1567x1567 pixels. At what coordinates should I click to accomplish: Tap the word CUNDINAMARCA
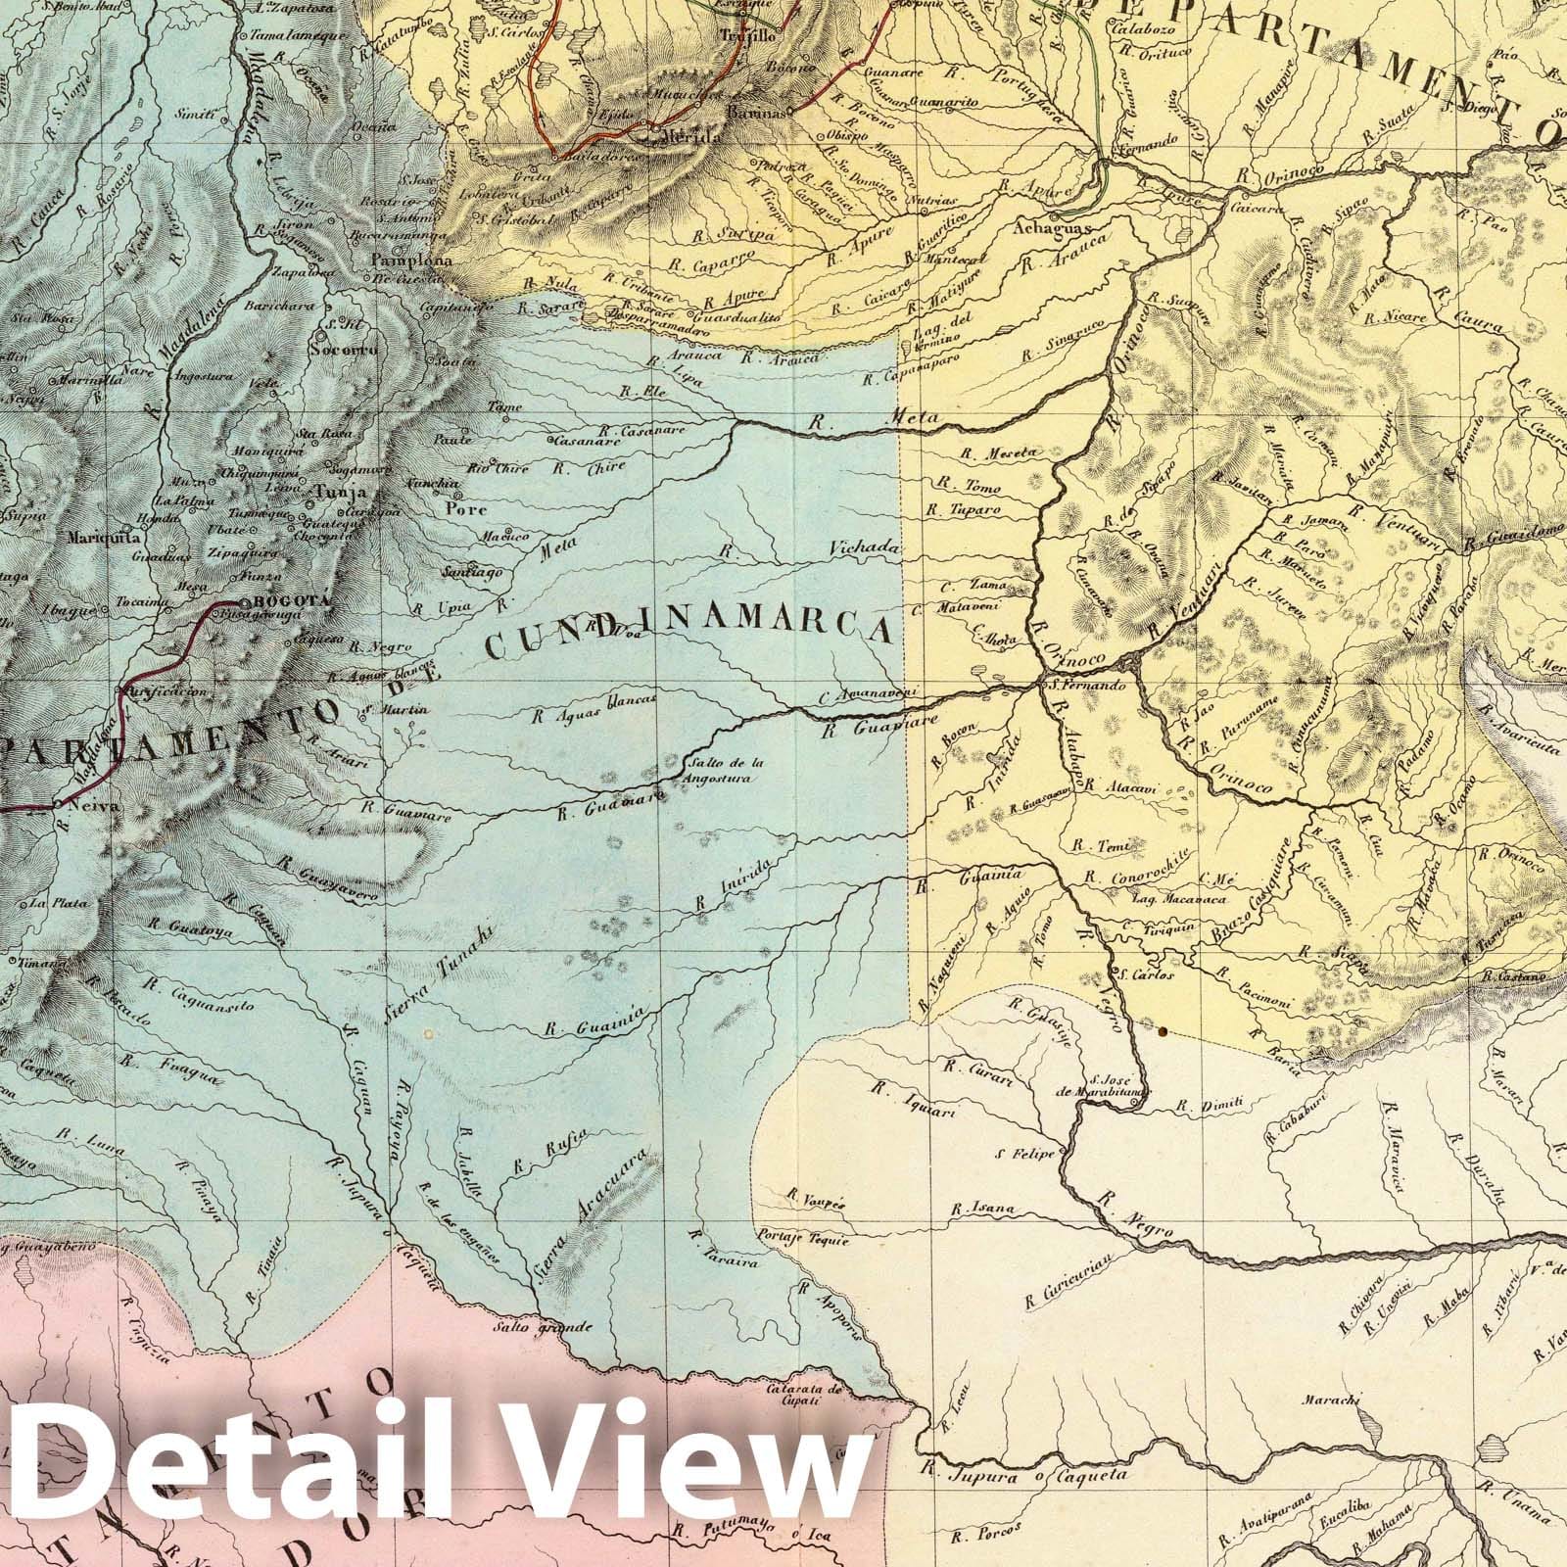coord(689,634)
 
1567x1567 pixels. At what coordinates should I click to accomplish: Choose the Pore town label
coord(458,508)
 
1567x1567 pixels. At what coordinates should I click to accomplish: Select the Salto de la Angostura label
coord(725,772)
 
